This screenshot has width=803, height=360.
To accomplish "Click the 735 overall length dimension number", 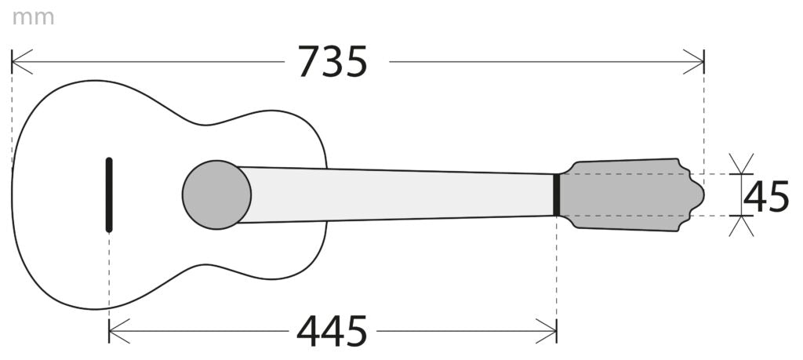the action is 332,62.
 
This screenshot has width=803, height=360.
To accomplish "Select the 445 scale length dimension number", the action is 332,331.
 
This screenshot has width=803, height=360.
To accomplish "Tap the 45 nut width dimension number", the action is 766,196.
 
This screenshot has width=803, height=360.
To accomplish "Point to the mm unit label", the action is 33,18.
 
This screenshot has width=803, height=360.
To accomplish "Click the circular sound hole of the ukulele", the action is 216,195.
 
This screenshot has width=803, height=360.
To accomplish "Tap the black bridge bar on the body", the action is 109,195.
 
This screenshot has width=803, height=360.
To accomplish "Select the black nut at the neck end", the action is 556,195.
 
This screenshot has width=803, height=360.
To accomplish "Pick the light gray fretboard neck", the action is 399,195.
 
